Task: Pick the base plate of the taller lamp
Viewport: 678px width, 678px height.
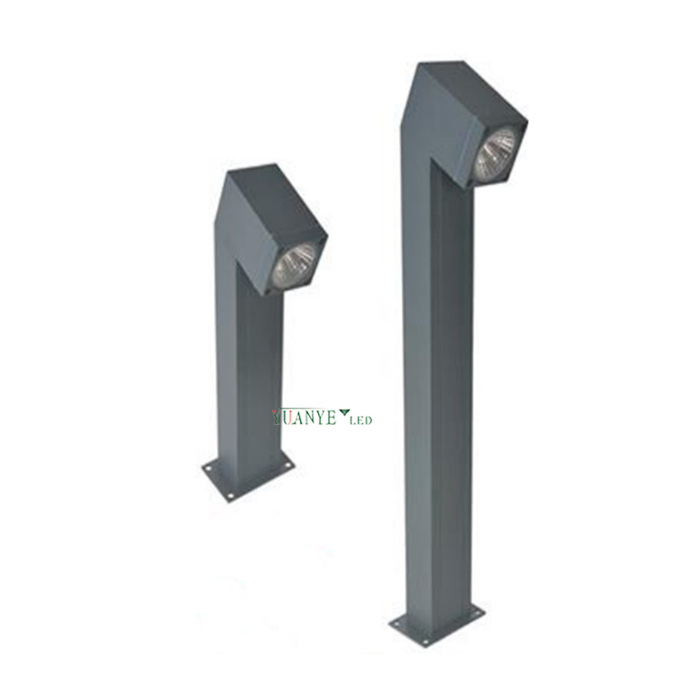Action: tap(437, 621)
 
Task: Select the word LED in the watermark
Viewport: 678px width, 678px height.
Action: tap(361, 419)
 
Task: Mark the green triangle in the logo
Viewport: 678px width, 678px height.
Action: tap(344, 414)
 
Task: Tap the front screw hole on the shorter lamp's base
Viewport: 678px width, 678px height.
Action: tap(231, 495)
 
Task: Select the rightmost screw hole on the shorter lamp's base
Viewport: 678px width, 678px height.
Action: tap(287, 466)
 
